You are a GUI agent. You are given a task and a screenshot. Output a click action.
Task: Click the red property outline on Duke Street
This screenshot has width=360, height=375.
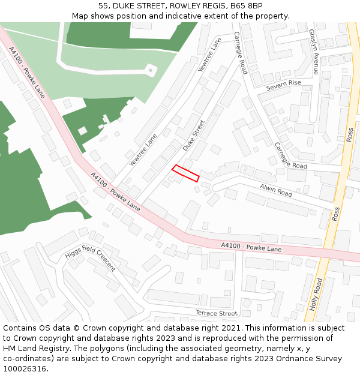point(185,173)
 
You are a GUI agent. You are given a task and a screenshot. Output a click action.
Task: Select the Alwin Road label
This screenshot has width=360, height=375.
point(276,190)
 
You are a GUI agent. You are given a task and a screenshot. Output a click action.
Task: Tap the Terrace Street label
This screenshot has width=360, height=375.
point(216,313)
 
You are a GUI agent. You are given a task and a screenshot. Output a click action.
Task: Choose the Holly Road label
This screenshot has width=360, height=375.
point(316,293)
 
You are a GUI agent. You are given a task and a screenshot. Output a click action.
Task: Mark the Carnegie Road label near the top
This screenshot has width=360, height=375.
point(240,53)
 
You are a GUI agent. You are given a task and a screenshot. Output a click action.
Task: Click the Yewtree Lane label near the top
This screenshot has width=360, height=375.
point(209,54)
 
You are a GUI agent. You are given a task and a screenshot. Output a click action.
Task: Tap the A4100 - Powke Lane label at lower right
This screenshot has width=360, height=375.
point(251,247)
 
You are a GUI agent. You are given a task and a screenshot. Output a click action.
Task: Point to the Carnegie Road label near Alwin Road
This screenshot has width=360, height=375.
point(290,155)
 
